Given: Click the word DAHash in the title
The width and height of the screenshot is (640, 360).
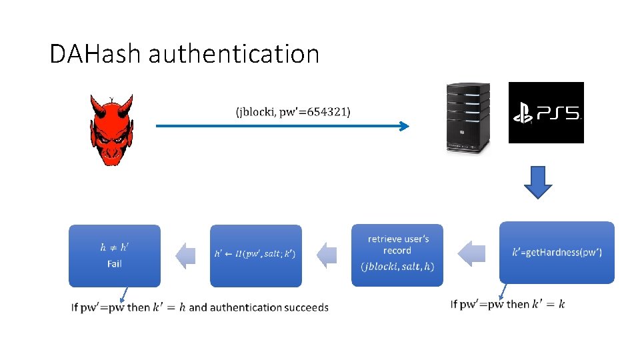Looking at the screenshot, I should click(96, 54).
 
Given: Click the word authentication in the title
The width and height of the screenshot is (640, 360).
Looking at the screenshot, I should click(234, 54).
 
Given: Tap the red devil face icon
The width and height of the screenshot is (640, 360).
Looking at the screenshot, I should click(111, 129).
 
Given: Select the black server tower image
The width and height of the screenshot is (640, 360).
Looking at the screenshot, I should click(468, 117).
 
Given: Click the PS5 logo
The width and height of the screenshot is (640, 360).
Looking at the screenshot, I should click(546, 113).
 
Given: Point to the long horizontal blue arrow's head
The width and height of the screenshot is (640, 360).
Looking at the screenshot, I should click(403, 126).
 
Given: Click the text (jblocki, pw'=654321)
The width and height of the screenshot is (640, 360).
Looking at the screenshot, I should click(293, 111).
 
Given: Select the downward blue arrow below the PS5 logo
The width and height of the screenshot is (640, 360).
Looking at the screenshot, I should click(538, 182).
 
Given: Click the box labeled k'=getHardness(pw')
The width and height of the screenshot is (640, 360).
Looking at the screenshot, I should click(557, 253).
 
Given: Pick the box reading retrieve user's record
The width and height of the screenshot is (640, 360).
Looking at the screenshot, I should click(397, 245).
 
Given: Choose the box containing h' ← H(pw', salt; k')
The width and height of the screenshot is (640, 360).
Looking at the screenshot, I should click(255, 254).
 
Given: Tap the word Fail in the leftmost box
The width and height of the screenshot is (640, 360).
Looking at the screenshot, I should click(115, 264).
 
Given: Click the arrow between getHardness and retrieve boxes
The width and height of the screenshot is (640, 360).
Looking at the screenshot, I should click(471, 253).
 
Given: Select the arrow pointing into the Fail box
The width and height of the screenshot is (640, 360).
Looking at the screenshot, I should click(185, 255).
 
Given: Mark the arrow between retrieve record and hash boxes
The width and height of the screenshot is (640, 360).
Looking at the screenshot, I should click(327, 255).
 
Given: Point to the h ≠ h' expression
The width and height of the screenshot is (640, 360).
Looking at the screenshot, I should click(115, 247).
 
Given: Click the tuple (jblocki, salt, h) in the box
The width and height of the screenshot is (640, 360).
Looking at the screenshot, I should click(397, 267).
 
